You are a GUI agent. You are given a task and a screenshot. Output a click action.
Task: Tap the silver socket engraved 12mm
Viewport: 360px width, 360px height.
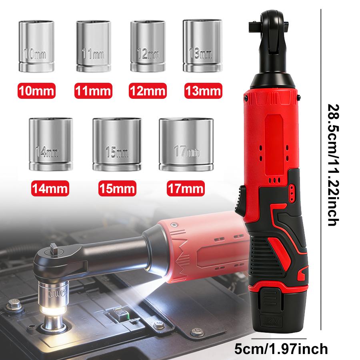[146, 46]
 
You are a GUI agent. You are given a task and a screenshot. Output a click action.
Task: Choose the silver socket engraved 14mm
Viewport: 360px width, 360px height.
[51, 144]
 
